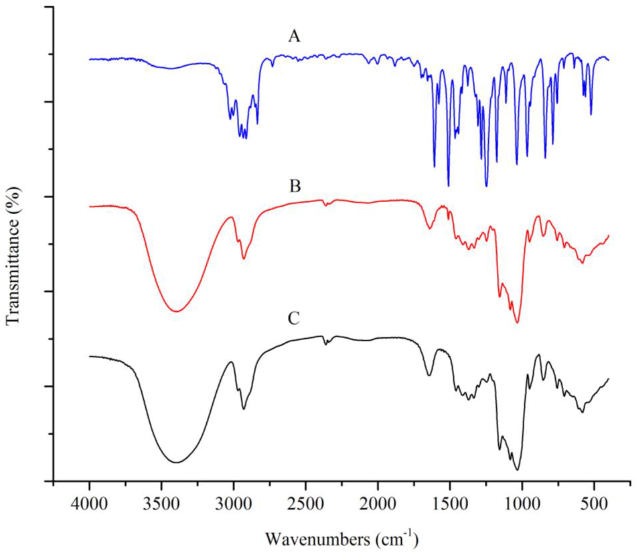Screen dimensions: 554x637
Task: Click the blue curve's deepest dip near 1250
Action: pos(486,186)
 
